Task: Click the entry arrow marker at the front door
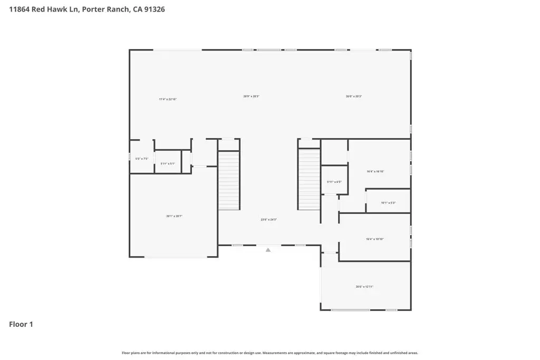click(268, 250)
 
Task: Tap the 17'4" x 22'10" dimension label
click(168, 99)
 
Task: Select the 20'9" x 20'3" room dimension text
click(251, 96)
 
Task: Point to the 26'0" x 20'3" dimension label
click(353, 96)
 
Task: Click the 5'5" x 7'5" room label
click(142, 159)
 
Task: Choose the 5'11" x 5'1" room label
click(168, 164)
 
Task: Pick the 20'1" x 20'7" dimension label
click(174, 216)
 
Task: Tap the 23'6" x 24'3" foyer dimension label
click(268, 220)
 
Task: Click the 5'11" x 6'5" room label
click(334, 182)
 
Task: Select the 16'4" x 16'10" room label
click(375, 171)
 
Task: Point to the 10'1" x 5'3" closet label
click(388, 203)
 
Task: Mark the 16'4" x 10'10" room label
click(374, 239)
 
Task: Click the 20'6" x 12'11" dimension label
click(364, 287)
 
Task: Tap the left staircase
click(229, 180)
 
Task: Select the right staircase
click(310, 179)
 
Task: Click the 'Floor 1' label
click(21, 325)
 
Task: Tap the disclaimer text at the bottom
click(270, 353)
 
